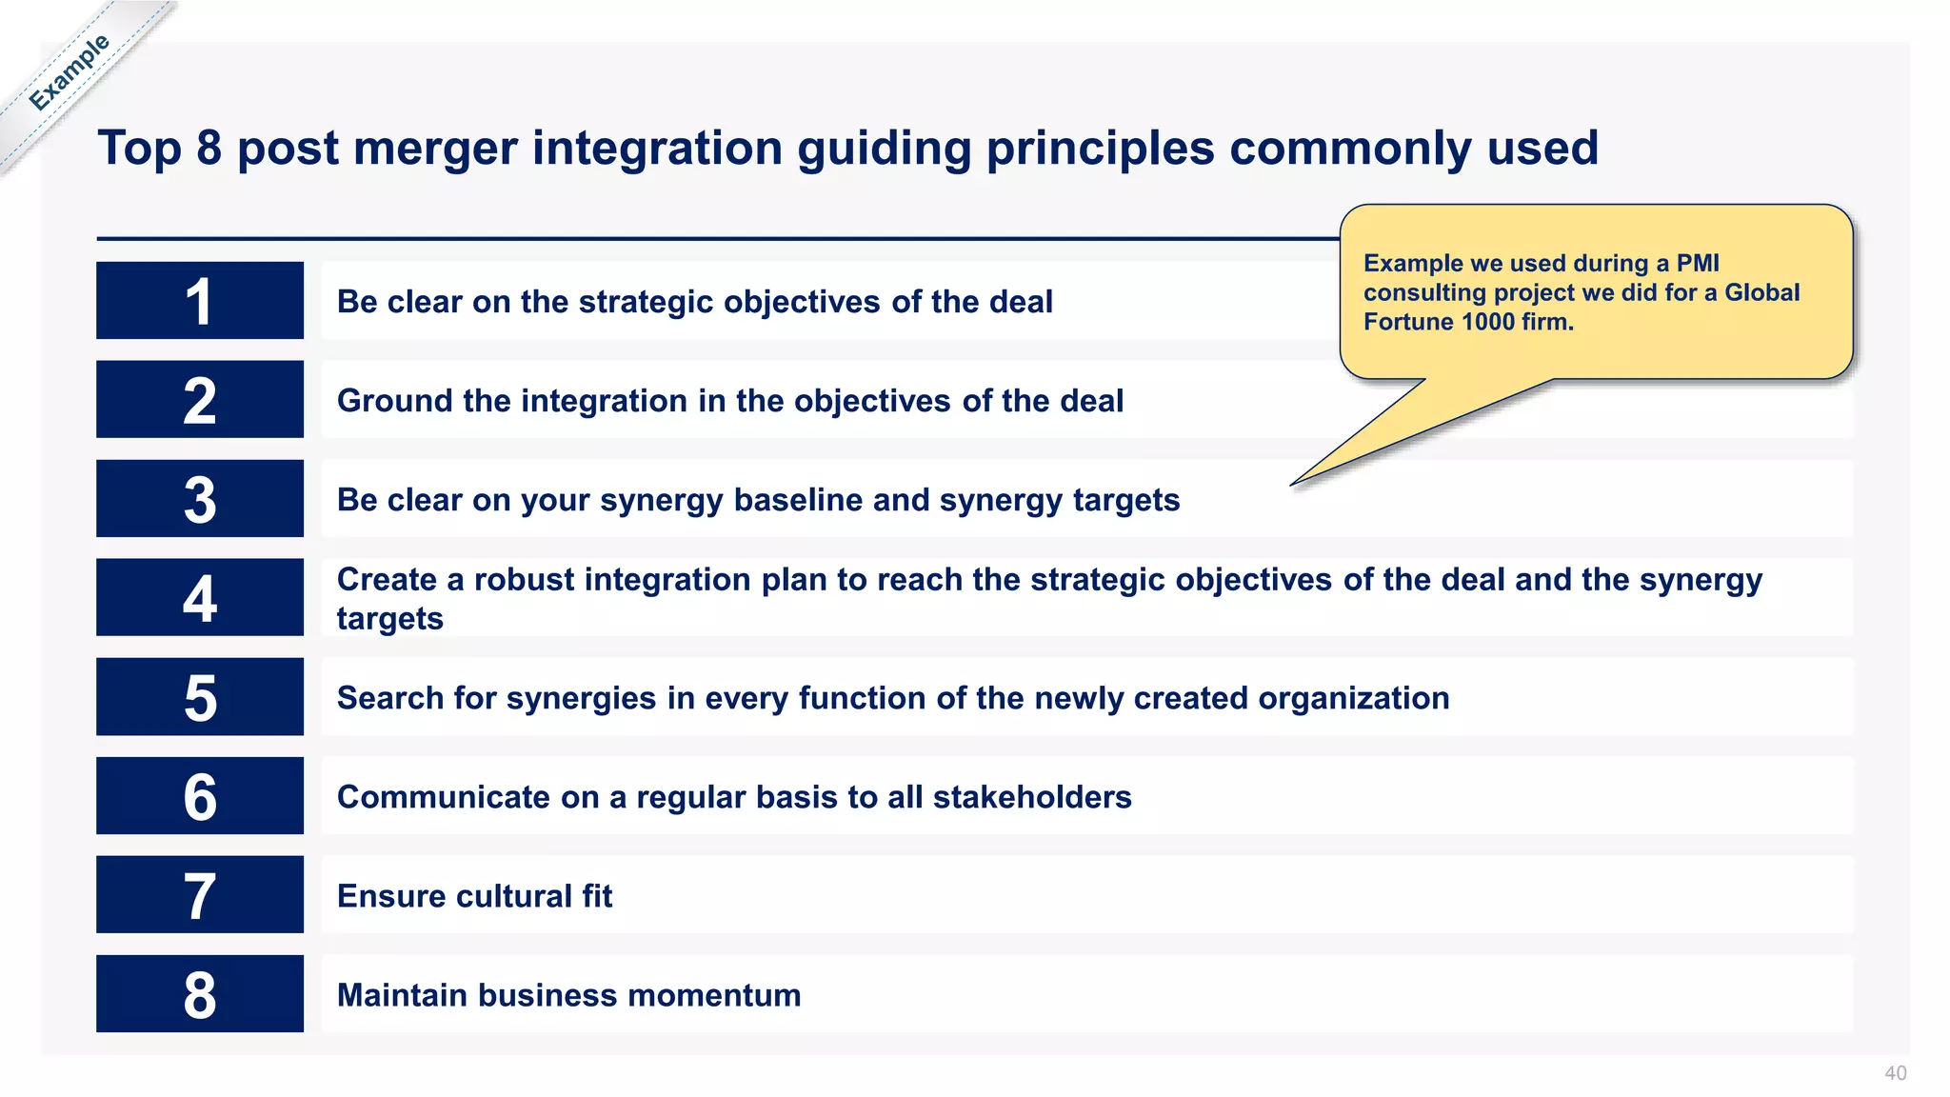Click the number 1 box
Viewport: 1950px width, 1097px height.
[200, 301]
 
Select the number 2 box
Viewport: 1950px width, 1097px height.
[200, 400]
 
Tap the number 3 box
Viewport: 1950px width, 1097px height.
[200, 499]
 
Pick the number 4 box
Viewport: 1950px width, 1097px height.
[200, 598]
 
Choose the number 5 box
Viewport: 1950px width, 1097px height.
[200, 697]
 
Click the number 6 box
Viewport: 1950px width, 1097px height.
[200, 796]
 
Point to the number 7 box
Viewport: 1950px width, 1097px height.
[200, 895]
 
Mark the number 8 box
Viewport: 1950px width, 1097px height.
[200, 994]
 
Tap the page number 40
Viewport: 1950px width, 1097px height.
[1895, 1073]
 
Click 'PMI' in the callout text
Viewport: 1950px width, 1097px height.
[1698, 263]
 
